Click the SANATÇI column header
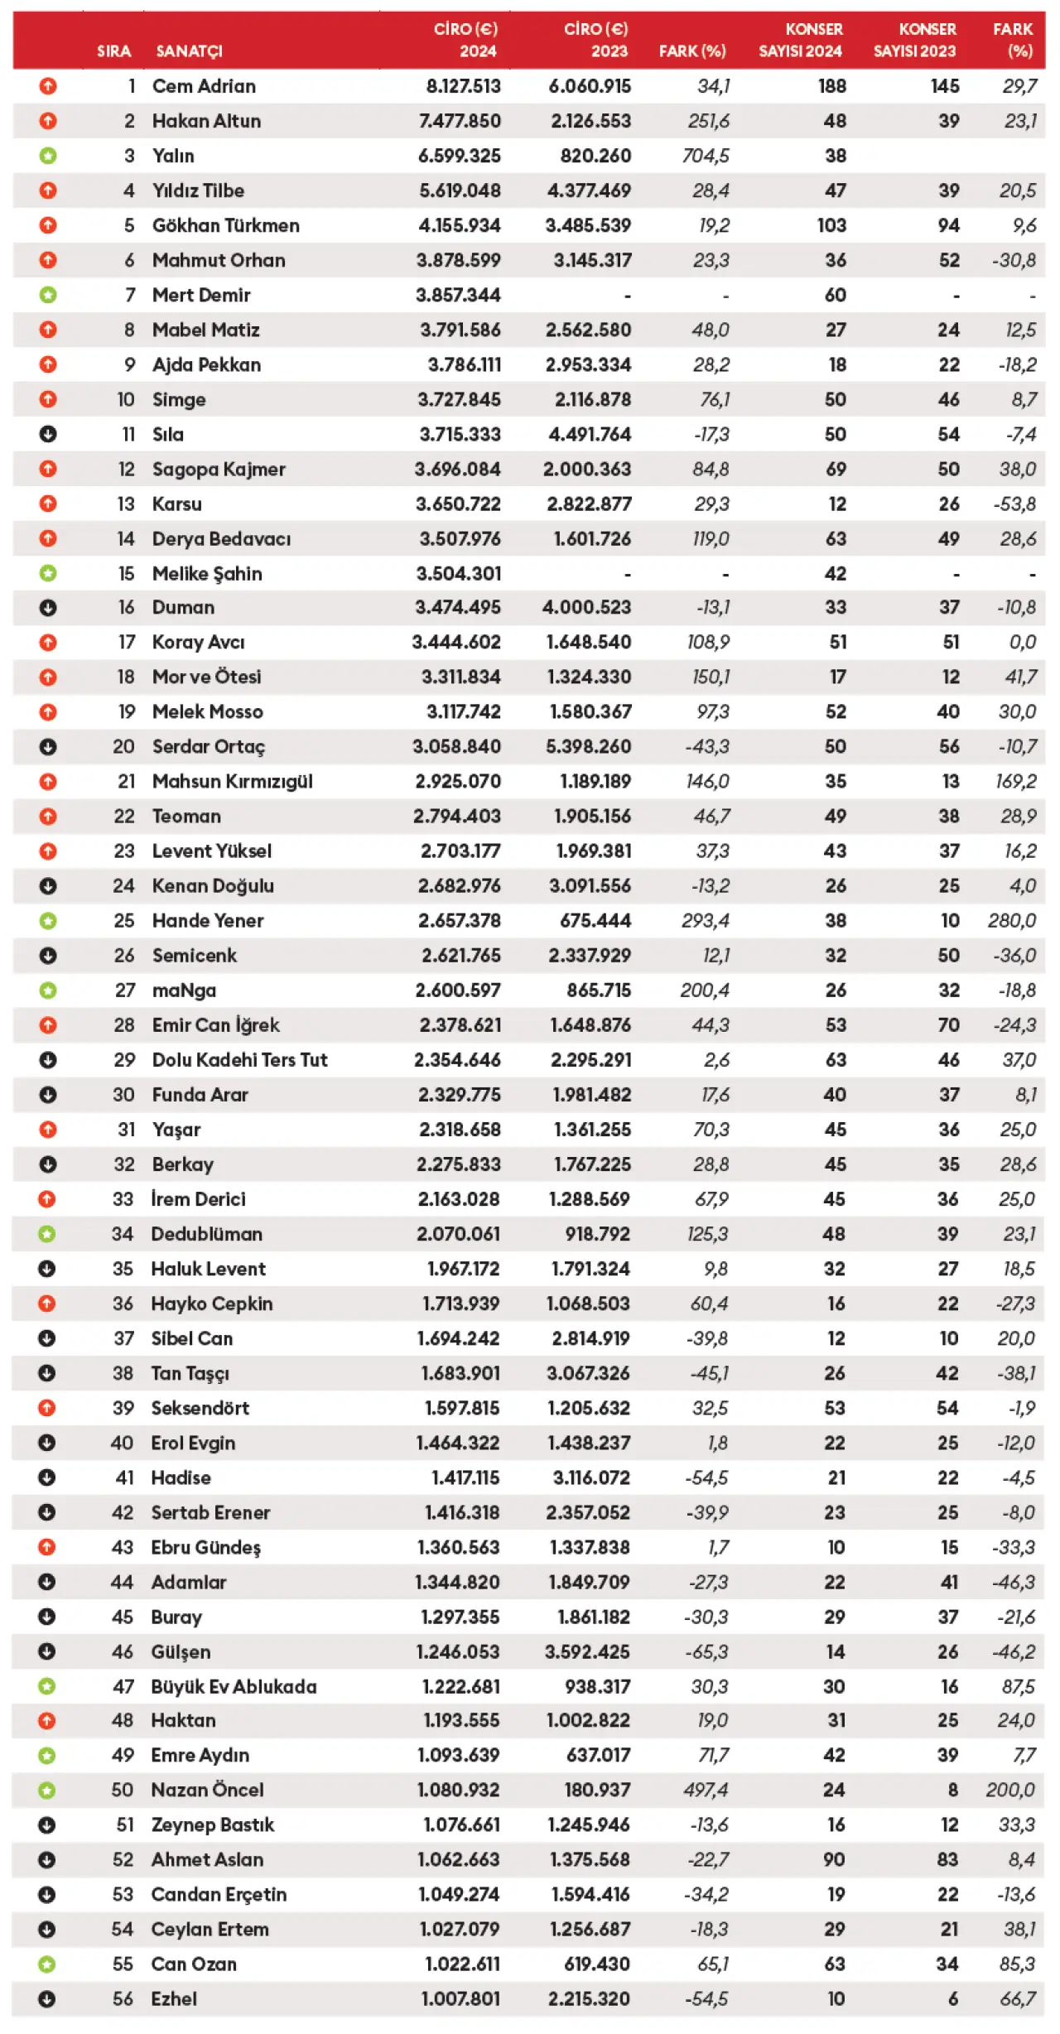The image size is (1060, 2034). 189,51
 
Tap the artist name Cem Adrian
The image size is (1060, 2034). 204,86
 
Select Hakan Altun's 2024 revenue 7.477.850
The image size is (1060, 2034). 460,121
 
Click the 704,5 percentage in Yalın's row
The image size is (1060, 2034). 706,156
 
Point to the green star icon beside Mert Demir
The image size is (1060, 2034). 48,295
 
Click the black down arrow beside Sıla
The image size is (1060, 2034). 48,434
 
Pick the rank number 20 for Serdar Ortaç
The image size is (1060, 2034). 123,746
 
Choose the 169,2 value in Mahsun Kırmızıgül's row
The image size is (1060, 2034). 1015,781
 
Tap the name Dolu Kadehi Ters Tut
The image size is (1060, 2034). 239,1059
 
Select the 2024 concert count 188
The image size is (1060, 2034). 832,86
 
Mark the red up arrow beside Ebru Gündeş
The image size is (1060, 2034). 47,1546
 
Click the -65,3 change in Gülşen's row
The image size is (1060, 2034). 706,1651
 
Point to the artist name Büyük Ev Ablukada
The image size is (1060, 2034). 234,1686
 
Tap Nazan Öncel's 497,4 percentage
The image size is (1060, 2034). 706,1790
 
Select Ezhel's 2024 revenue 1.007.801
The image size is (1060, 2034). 460,1998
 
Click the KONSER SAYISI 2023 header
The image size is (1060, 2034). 914,40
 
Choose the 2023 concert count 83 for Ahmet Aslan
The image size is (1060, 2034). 947,1859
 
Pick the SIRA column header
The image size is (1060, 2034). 113,51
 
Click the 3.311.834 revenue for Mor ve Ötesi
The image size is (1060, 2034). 460,677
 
